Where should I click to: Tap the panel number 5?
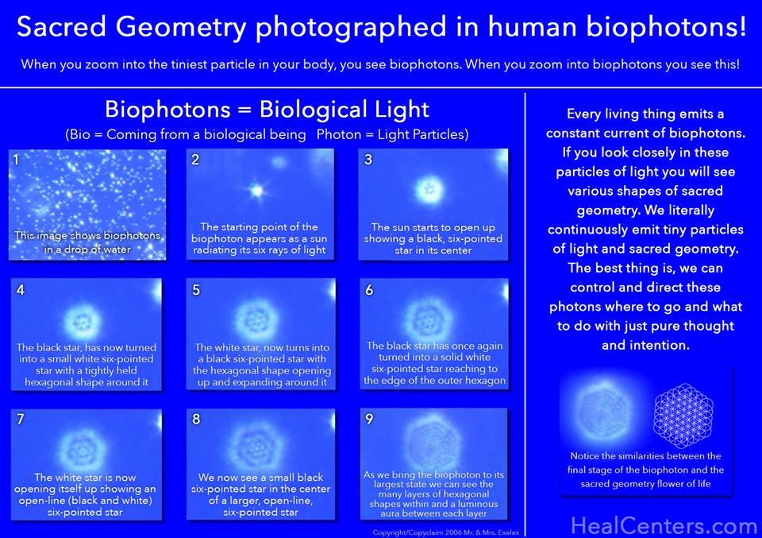[x=196, y=289]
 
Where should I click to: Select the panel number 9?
[x=368, y=420]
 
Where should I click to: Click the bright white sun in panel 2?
[x=256, y=191]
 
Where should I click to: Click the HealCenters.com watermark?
[x=664, y=525]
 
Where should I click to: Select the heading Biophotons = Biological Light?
[x=267, y=109]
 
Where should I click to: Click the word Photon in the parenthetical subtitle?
[x=340, y=135]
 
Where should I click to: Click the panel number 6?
[x=369, y=289]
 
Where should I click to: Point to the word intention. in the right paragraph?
[x=658, y=345]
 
